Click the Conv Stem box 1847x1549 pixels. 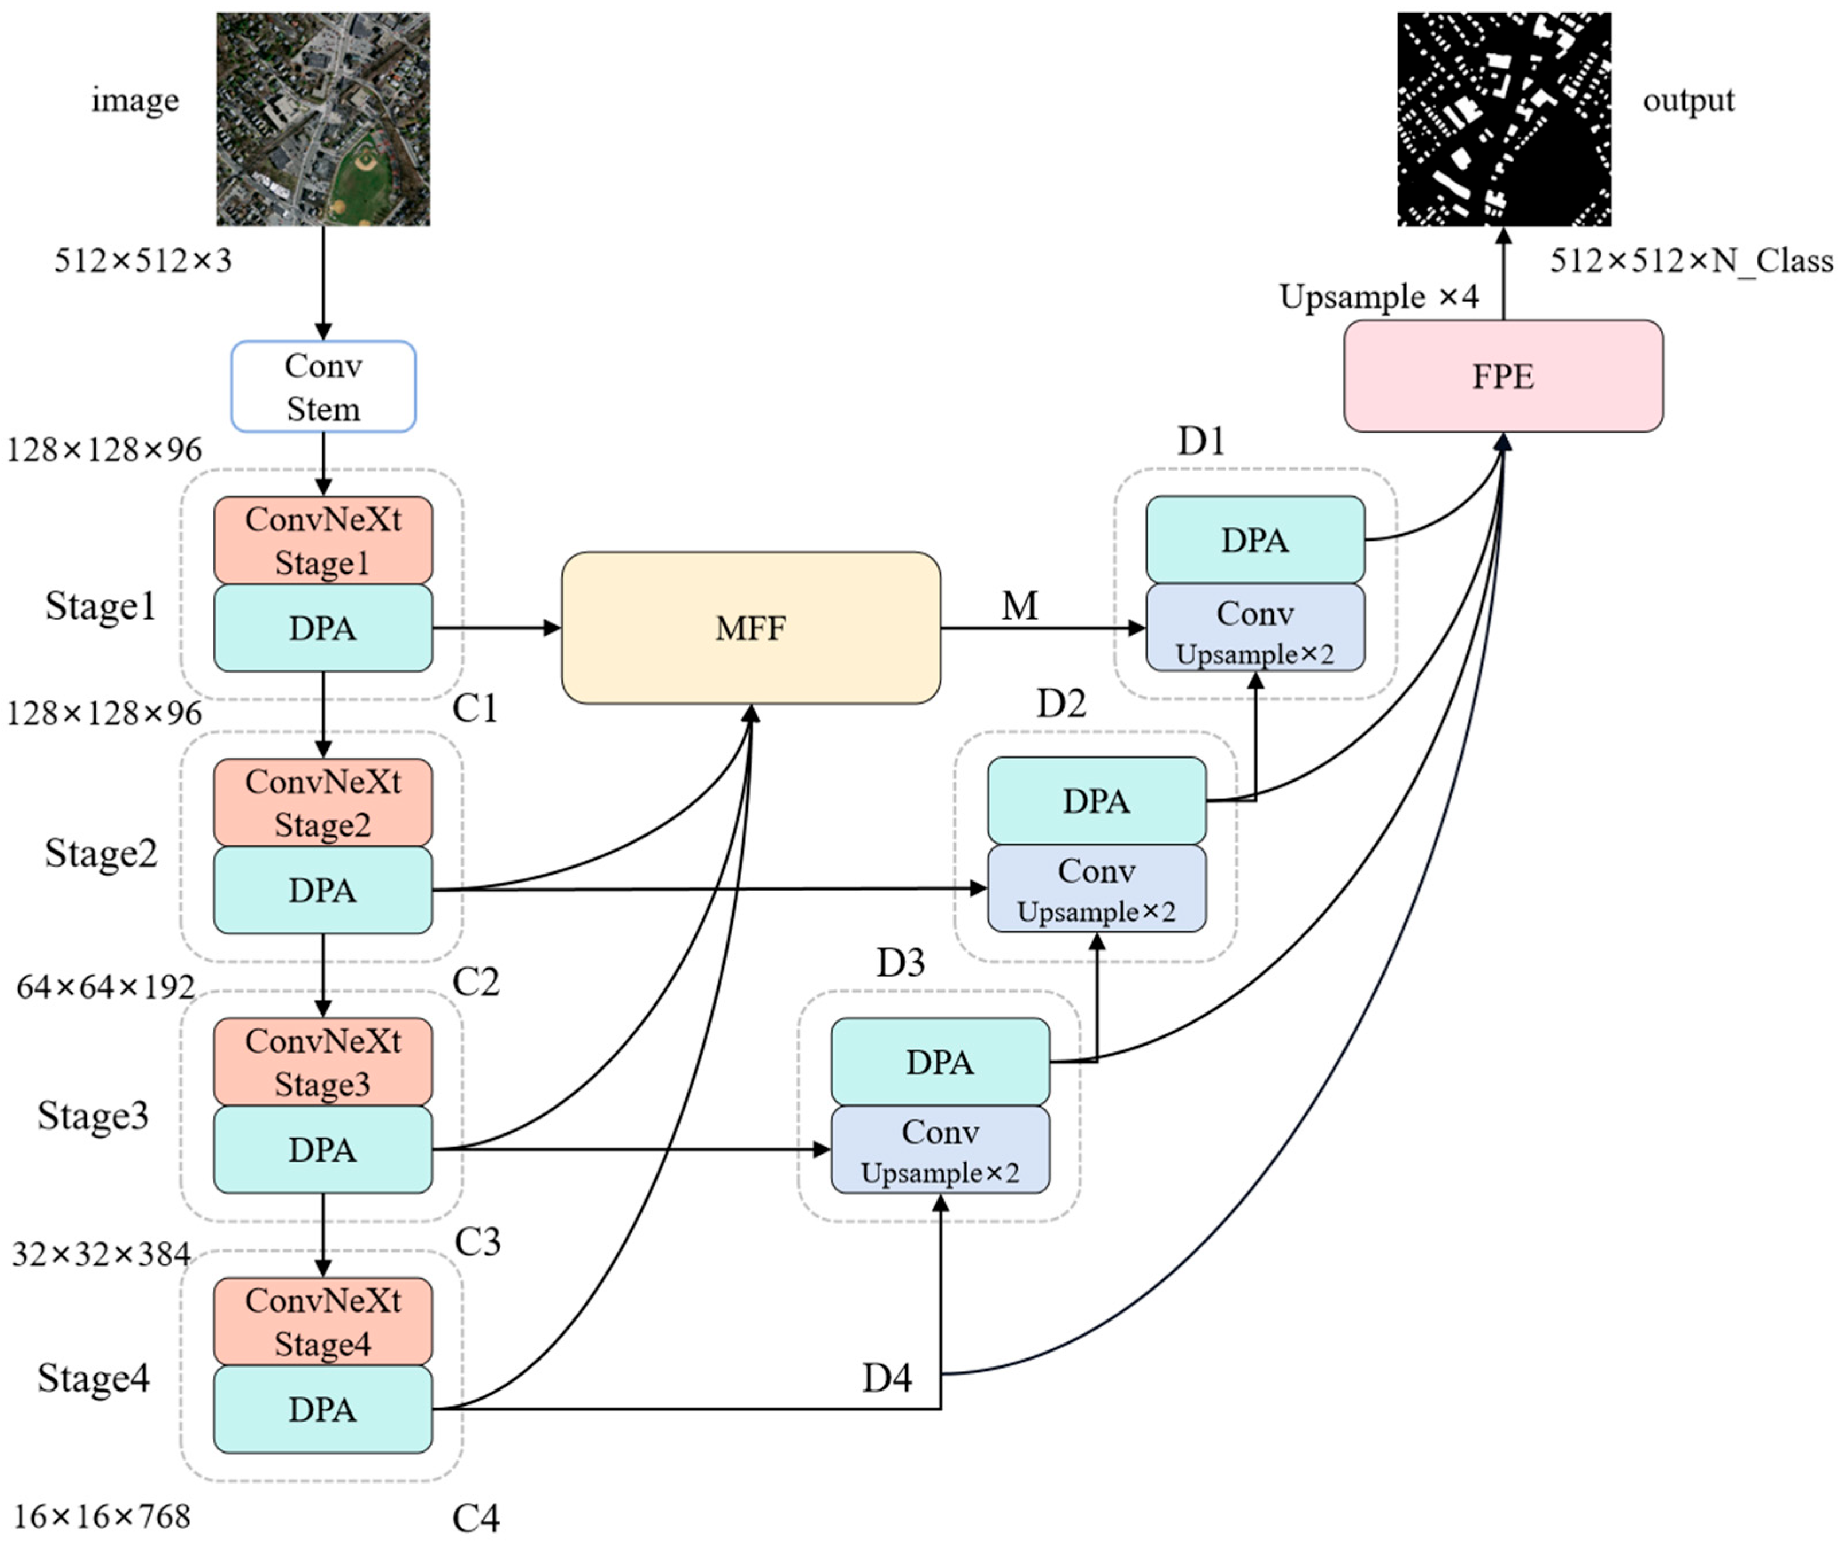pyautogui.click(x=323, y=386)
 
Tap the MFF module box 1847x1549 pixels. pyautogui.click(x=751, y=628)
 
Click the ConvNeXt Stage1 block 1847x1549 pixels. pyautogui.click(x=323, y=540)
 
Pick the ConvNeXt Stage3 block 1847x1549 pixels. pyautogui.click(x=323, y=1062)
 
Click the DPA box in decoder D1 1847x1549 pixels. pyautogui.click(x=1255, y=539)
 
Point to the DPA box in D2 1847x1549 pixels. pyautogui.click(x=1096, y=801)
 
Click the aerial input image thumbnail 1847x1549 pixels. pyautogui.click(x=323, y=119)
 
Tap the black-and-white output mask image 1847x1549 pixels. pyautogui.click(x=1503, y=119)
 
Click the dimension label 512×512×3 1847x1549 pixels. pyautogui.click(x=142, y=261)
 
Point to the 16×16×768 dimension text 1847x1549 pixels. pyautogui.click(x=102, y=1516)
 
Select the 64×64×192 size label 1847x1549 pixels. pyautogui.click(x=106, y=987)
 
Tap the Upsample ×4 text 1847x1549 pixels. pyautogui.click(x=1378, y=297)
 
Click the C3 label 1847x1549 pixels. pyautogui.click(x=477, y=1241)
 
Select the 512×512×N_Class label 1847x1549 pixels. pyautogui.click(x=1690, y=261)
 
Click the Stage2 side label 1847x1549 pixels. pyautogui.click(x=101, y=853)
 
